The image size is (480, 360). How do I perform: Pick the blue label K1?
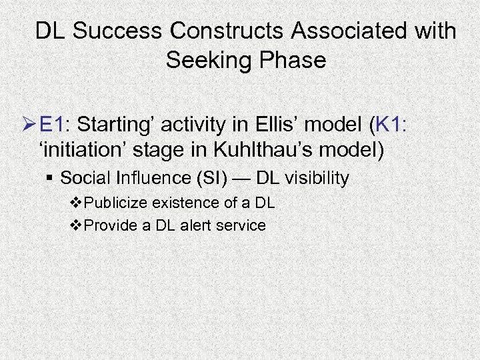(395, 124)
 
